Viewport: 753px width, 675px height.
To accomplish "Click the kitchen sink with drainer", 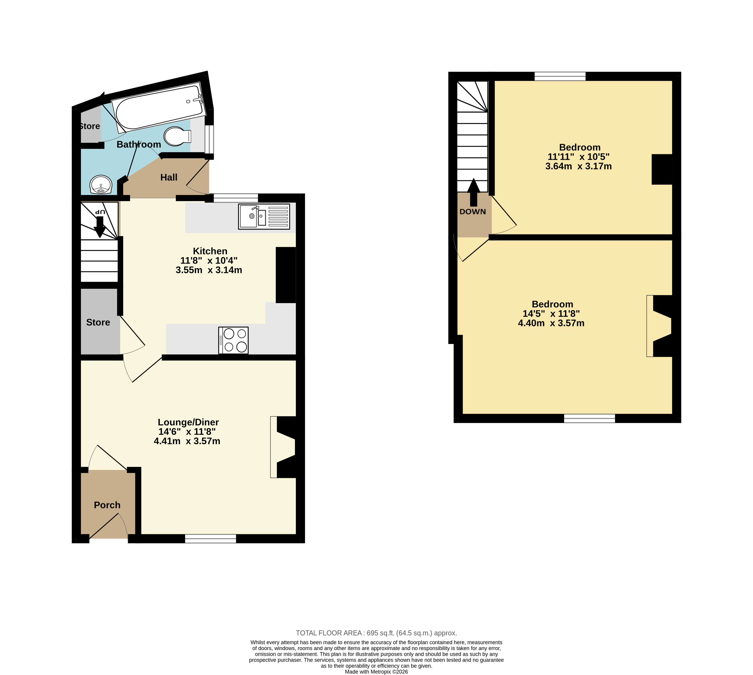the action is pos(264,217).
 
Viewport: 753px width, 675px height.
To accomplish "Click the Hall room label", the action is pos(169,178).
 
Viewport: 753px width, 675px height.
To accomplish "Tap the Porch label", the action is pos(107,505).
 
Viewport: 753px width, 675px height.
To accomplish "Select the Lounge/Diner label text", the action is pos(188,422).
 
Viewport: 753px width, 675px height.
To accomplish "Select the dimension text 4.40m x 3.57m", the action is pos(551,323).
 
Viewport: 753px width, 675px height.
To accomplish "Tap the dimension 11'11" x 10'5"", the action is pos(578,157).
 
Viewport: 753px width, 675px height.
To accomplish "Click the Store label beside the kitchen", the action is pos(98,322).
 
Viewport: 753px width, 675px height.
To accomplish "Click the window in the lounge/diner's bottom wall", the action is pos(211,539).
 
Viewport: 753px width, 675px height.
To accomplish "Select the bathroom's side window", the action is pos(209,139).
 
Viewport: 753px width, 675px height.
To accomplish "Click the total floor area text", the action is pos(376,633).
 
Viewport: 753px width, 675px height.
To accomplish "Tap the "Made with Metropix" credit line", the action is pos(376,672).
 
